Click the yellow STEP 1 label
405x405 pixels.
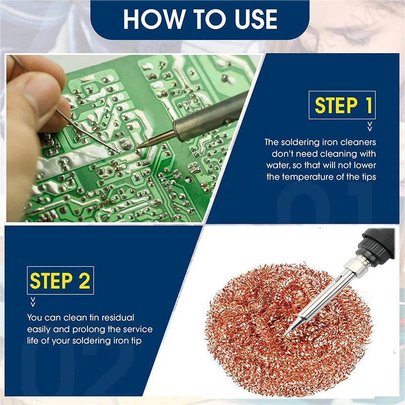[343, 105]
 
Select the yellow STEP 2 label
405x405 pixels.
[60, 280]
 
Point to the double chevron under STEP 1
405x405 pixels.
[370, 127]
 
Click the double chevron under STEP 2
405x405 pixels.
[33, 302]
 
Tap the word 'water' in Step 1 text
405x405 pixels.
[277, 166]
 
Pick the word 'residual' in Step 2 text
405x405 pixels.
[118, 317]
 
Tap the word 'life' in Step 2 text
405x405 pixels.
[33, 341]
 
